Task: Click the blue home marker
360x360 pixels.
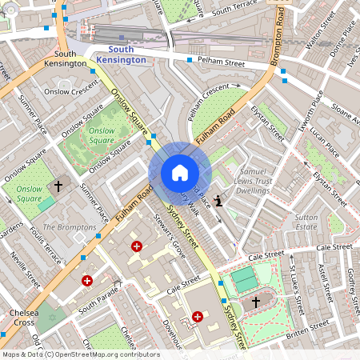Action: click(179, 173)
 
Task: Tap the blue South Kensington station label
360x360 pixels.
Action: click(126, 54)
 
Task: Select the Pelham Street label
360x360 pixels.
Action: click(222, 62)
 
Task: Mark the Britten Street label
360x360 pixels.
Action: click(307, 327)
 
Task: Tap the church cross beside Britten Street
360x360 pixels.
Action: click(256, 302)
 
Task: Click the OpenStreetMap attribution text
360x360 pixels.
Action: click(82, 354)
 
